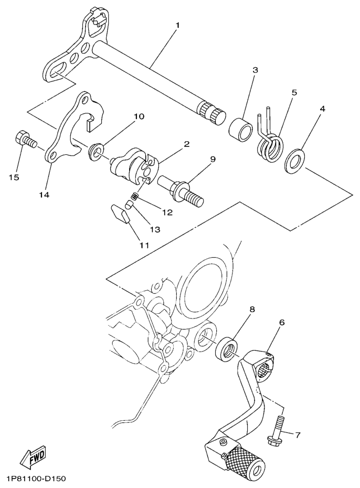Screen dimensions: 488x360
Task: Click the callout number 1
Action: point(177,25)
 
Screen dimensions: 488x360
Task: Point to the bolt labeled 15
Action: point(25,139)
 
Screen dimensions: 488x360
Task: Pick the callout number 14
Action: point(44,194)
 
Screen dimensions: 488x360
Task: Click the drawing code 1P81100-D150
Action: point(36,480)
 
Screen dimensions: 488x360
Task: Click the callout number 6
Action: point(282,322)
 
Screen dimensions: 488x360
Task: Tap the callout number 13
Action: point(156,229)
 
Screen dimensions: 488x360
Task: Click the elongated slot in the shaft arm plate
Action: point(57,70)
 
